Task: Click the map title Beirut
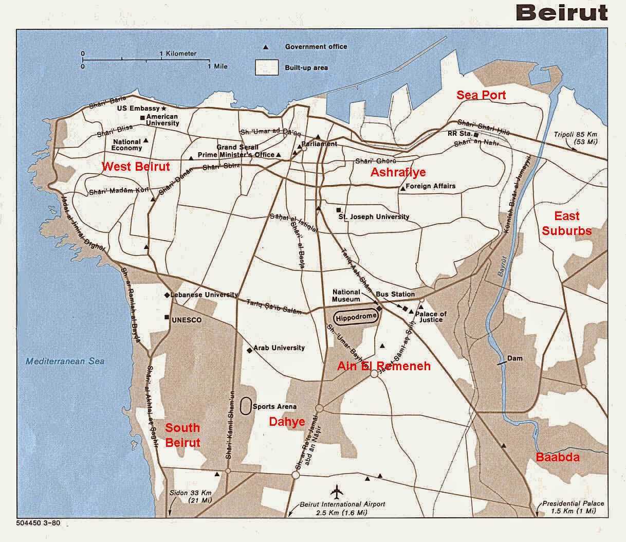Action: [561, 12]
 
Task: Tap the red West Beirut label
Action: [136, 167]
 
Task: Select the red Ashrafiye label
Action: [398, 172]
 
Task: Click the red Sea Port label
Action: [481, 95]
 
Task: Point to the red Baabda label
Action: [558, 457]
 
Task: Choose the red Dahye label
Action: [287, 422]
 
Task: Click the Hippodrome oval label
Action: [356, 317]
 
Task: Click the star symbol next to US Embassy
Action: [164, 109]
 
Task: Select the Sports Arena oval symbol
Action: [246, 405]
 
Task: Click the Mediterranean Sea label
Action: [65, 361]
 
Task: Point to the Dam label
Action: [514, 358]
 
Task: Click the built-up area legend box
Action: [267, 67]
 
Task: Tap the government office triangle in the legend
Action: [266, 47]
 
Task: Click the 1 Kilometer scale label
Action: [178, 53]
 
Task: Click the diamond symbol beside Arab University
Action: [250, 350]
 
